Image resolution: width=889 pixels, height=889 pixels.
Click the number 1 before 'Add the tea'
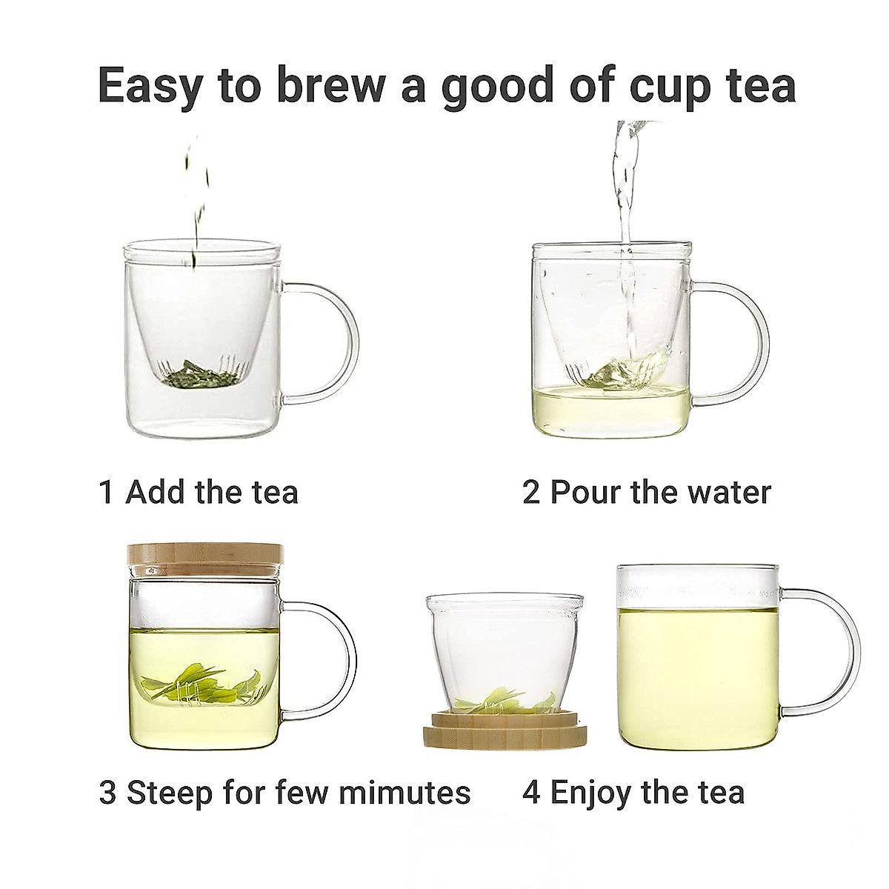click(107, 492)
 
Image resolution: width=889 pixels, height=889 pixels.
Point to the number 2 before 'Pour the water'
click(531, 492)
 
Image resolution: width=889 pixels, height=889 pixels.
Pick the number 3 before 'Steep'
click(108, 792)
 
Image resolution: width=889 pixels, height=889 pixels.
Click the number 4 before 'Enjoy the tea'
click(532, 792)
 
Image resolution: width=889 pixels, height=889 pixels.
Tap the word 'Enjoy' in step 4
click(592, 792)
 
